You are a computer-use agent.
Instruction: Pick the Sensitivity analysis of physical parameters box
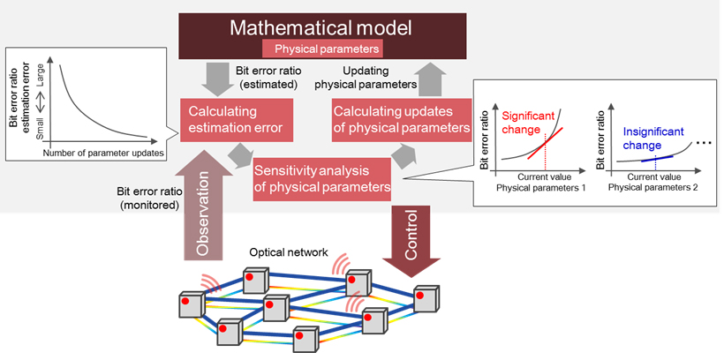322,178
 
